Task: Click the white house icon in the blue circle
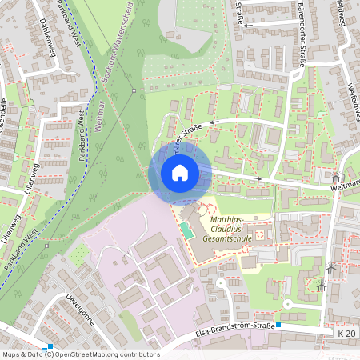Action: pyautogui.click(x=180, y=172)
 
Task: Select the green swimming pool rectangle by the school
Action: pyautogui.click(x=186, y=230)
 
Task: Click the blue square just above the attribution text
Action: pyautogui.click(x=50, y=346)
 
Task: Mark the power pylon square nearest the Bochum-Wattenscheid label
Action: pyautogui.click(x=134, y=90)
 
